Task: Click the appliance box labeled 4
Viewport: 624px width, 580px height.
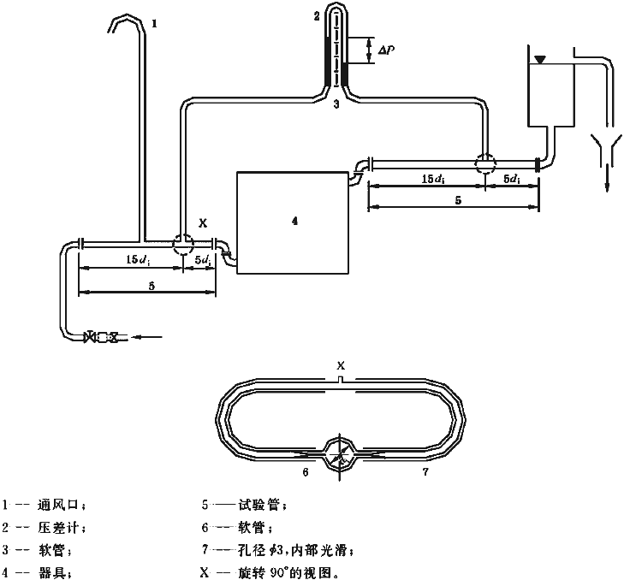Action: pos(293,222)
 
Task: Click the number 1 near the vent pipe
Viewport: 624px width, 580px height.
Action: pos(154,24)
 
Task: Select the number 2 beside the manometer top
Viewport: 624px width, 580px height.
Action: pos(317,15)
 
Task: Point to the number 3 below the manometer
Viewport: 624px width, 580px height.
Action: pos(336,104)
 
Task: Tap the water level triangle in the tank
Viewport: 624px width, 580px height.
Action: pos(539,59)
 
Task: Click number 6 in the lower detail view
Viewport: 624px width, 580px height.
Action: pos(305,471)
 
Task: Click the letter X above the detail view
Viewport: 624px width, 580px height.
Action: pos(340,366)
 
